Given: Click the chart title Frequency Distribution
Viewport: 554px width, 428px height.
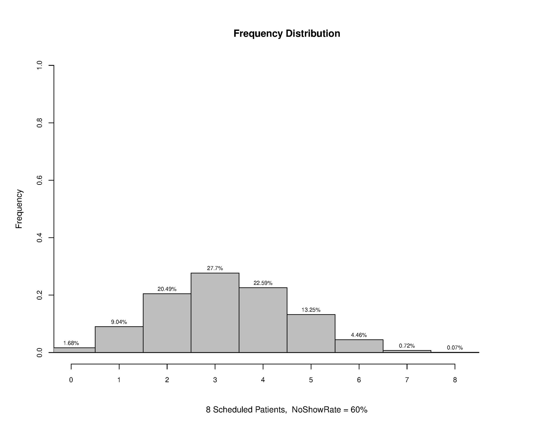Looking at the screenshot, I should pyautogui.click(x=287, y=34).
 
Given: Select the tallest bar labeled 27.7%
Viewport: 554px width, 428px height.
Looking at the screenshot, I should pyautogui.click(x=215, y=313).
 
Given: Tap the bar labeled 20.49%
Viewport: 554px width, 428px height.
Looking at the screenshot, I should pyautogui.click(x=167, y=323).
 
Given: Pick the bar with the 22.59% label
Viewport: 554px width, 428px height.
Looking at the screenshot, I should pyautogui.click(x=263, y=320).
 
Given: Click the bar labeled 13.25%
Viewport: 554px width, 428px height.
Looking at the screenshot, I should pyautogui.click(x=311, y=333).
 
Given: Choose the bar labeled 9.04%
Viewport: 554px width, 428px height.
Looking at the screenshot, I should pyautogui.click(x=119, y=340).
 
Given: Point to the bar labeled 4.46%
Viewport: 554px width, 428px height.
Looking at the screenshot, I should pyautogui.click(x=359, y=346).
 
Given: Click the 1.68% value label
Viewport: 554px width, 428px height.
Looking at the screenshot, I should pyautogui.click(x=71, y=343).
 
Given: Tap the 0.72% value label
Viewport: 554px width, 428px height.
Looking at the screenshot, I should pyautogui.click(x=407, y=346).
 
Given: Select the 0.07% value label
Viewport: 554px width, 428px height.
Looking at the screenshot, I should pyautogui.click(x=455, y=348).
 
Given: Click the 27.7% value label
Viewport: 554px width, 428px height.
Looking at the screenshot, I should pyautogui.click(x=215, y=268).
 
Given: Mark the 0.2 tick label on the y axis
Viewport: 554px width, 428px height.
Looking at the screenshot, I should pyautogui.click(x=40, y=295).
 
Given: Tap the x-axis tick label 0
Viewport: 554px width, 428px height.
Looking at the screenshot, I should pyautogui.click(x=71, y=380).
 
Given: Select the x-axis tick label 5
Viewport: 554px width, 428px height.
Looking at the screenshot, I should pyautogui.click(x=311, y=380).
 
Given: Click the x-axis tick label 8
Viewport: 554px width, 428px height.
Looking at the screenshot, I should pyautogui.click(x=455, y=380).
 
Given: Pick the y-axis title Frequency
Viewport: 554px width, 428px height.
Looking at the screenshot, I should pyautogui.click(x=19, y=209).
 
